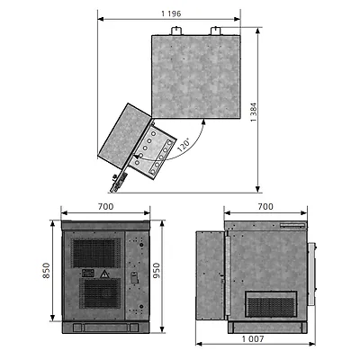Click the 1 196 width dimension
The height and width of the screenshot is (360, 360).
point(171,13)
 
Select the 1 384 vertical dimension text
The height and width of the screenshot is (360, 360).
point(254,112)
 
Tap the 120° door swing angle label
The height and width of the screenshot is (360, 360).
point(184,145)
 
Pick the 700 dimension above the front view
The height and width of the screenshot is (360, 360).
point(106,207)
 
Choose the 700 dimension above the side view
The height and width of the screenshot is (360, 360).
point(265,207)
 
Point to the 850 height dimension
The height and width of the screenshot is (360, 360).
point(46,270)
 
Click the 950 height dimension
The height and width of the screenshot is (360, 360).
point(157,270)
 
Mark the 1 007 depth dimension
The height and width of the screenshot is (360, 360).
point(253,339)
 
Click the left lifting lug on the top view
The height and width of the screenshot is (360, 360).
point(176,31)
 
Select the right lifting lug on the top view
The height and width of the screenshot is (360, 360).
point(215,31)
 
